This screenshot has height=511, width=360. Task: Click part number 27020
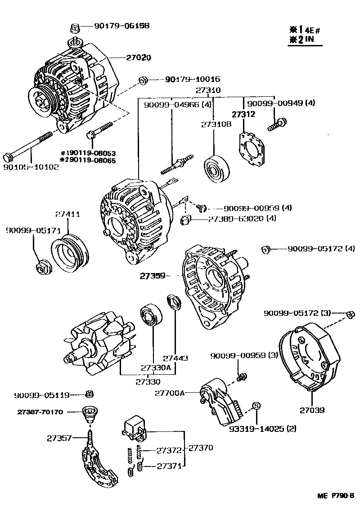pos(139,58)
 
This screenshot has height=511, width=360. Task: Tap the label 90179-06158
pos(121,26)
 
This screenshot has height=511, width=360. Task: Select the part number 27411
pos(67,214)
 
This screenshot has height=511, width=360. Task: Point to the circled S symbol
pos(256,405)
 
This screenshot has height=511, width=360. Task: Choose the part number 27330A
pos(156,367)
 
